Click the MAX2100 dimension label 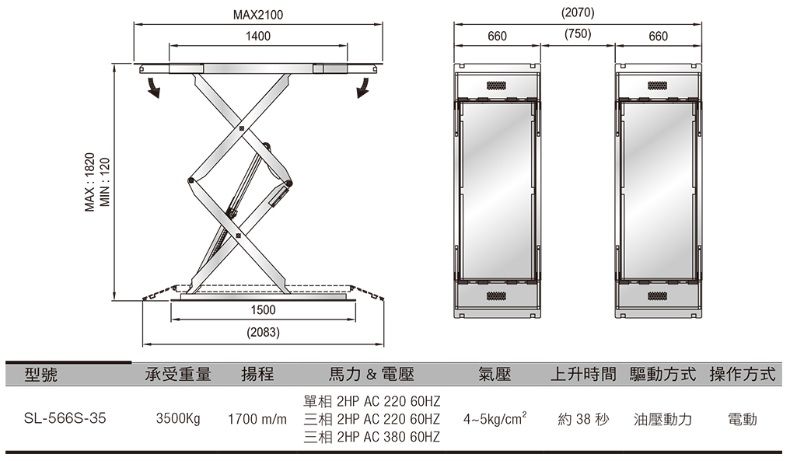point(257,15)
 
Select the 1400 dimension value point(258,37)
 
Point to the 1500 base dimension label point(263,310)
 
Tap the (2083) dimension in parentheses point(263,333)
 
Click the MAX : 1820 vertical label point(89,182)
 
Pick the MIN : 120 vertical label point(105,182)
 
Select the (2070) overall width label point(578,12)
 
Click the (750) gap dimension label point(578,33)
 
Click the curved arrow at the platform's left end point(152,88)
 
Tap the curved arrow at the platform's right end point(363,88)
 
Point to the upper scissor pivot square point(242,128)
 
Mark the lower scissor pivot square point(238,236)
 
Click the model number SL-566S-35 point(65,419)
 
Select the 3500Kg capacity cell point(178,419)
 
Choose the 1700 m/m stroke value point(257,419)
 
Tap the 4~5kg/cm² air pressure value point(495,418)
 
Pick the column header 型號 point(40,375)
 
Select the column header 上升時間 point(583,375)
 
